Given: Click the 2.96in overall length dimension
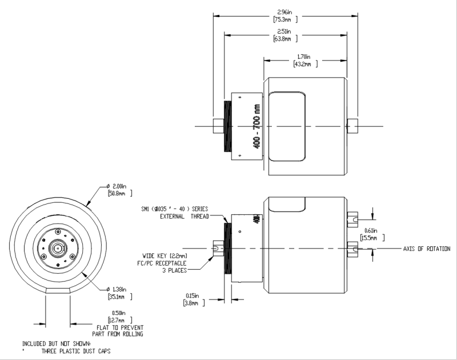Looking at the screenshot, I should coord(284,11).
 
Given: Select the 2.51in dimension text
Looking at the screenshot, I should coord(284,31).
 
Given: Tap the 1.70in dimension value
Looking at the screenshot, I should coord(304,57).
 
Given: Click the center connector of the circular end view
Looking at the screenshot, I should coord(58,249).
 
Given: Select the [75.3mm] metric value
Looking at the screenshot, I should coord(284,19).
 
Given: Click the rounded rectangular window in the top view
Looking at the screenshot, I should coord(288,126).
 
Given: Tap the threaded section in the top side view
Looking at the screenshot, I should coord(227,126).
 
